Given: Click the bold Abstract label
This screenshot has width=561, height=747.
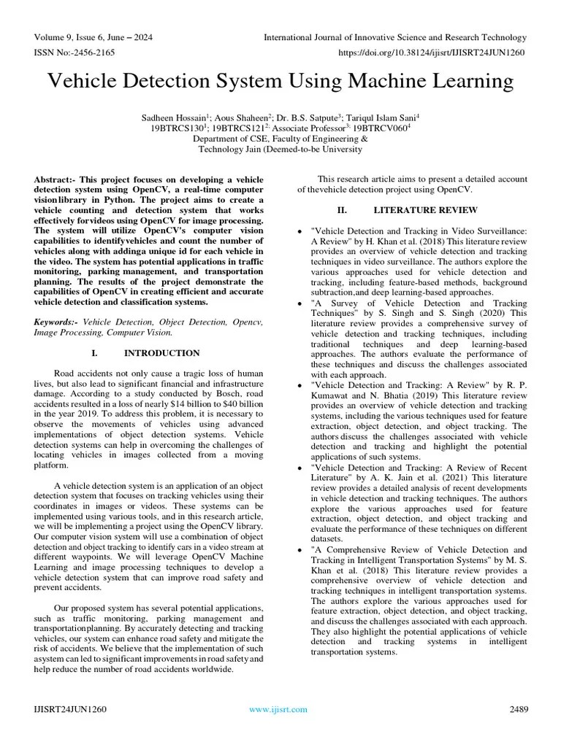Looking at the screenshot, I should point(56,179).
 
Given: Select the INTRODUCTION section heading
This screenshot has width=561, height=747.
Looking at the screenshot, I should point(161,353).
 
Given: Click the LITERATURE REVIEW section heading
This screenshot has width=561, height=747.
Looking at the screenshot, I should point(416,210).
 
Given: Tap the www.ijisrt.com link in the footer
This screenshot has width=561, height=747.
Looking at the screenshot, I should point(278,709).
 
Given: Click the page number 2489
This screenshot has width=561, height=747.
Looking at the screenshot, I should point(516,709).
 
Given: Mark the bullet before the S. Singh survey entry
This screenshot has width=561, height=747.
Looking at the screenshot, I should point(301,303).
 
